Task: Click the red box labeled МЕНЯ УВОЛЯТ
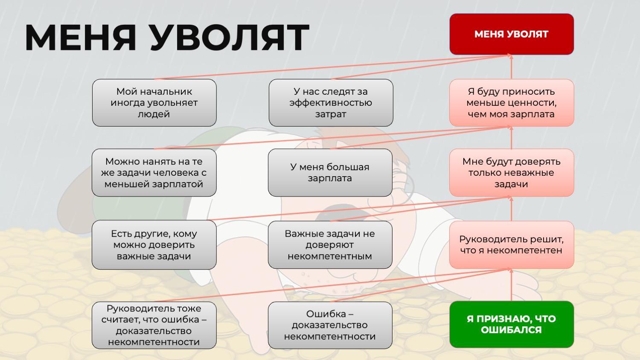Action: tap(512, 34)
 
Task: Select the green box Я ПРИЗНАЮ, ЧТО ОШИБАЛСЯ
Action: tap(512, 324)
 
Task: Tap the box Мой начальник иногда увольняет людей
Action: tap(154, 103)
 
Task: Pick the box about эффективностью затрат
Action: tap(331, 103)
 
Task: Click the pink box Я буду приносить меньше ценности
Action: tap(512, 103)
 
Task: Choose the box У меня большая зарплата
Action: tap(330, 173)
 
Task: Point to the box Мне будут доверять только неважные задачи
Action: tap(512, 173)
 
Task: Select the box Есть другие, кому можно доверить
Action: tap(154, 245)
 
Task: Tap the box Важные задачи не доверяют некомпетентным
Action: tap(330, 245)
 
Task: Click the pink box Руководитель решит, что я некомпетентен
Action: tap(512, 245)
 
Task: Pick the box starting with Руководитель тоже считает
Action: tap(154, 325)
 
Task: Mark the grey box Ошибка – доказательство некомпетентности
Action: tap(330, 325)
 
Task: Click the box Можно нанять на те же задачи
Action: tap(154, 173)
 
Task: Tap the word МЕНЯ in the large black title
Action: tap(81, 38)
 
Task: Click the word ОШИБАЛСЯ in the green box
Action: tap(511, 330)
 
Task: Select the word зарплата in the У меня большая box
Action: tap(330, 178)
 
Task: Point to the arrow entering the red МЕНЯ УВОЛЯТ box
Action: tap(511, 67)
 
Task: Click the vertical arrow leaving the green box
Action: tap(511, 285)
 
